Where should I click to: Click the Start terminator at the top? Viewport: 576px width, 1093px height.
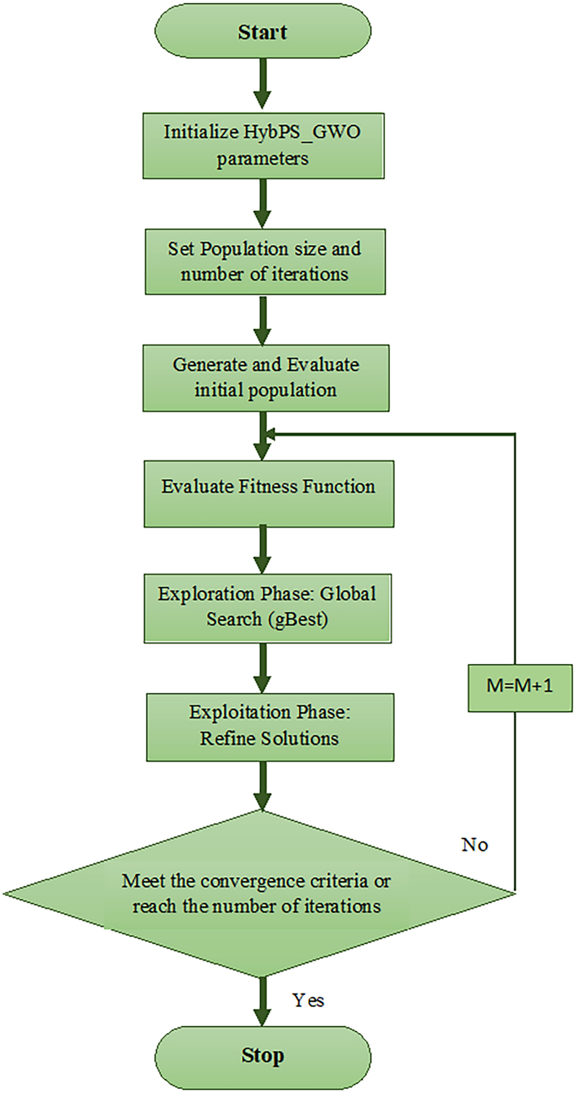263,31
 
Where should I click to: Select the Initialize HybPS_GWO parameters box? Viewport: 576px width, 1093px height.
263,146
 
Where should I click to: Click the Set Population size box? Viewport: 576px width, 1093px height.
265,262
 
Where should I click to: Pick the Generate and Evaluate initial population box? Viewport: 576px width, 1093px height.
266,378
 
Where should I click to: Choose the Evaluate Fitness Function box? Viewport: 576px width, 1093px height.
269,494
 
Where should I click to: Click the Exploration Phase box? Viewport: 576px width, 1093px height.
267,608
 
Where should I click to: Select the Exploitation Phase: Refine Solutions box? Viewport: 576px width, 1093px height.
270,727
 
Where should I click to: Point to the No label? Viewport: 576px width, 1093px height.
474,845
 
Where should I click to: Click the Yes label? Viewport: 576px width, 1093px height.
308,1000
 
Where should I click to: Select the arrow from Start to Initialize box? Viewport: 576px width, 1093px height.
262,83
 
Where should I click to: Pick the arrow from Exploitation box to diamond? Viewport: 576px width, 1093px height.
262,785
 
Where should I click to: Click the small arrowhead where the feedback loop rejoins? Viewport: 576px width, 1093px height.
270,434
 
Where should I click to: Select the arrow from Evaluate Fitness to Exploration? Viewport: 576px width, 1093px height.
262,550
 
